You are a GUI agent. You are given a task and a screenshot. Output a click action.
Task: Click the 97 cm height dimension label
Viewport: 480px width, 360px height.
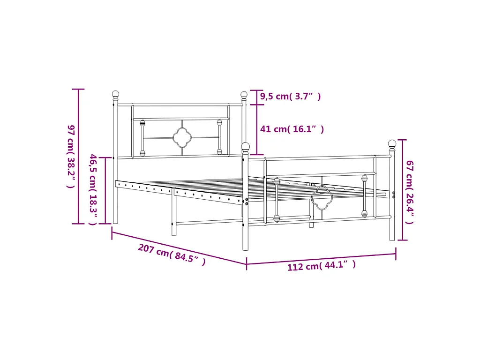coord(70,156)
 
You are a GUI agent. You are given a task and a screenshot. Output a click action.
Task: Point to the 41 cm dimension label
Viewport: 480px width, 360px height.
coord(292,129)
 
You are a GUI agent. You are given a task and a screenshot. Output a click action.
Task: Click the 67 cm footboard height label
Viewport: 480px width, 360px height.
coord(409,191)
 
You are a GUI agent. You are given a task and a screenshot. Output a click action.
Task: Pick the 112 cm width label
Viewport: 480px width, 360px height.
coord(322,266)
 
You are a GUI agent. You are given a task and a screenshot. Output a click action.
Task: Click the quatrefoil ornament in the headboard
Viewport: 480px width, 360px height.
coord(181,137)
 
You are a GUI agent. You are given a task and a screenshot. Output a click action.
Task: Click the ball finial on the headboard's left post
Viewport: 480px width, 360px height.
coord(115,94)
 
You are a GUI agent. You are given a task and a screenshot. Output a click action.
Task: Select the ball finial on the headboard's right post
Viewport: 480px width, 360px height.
coord(244,95)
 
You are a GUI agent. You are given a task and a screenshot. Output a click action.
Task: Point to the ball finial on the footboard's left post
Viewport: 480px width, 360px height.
coord(246,146)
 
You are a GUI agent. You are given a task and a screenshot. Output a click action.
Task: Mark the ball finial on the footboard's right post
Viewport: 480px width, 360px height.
coord(392,143)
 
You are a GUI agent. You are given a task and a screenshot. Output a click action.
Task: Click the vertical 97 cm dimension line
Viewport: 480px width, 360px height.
coord(78,156)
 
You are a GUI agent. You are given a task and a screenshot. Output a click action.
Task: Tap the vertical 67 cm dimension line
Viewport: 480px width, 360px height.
coord(401,190)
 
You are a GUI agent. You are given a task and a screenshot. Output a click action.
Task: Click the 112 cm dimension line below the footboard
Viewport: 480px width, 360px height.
coord(322,259)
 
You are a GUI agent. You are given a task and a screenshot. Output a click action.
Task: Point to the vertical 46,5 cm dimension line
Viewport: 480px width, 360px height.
coord(105,190)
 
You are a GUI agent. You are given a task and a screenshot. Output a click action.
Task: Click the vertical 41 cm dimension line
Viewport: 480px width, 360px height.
coord(256,129)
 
